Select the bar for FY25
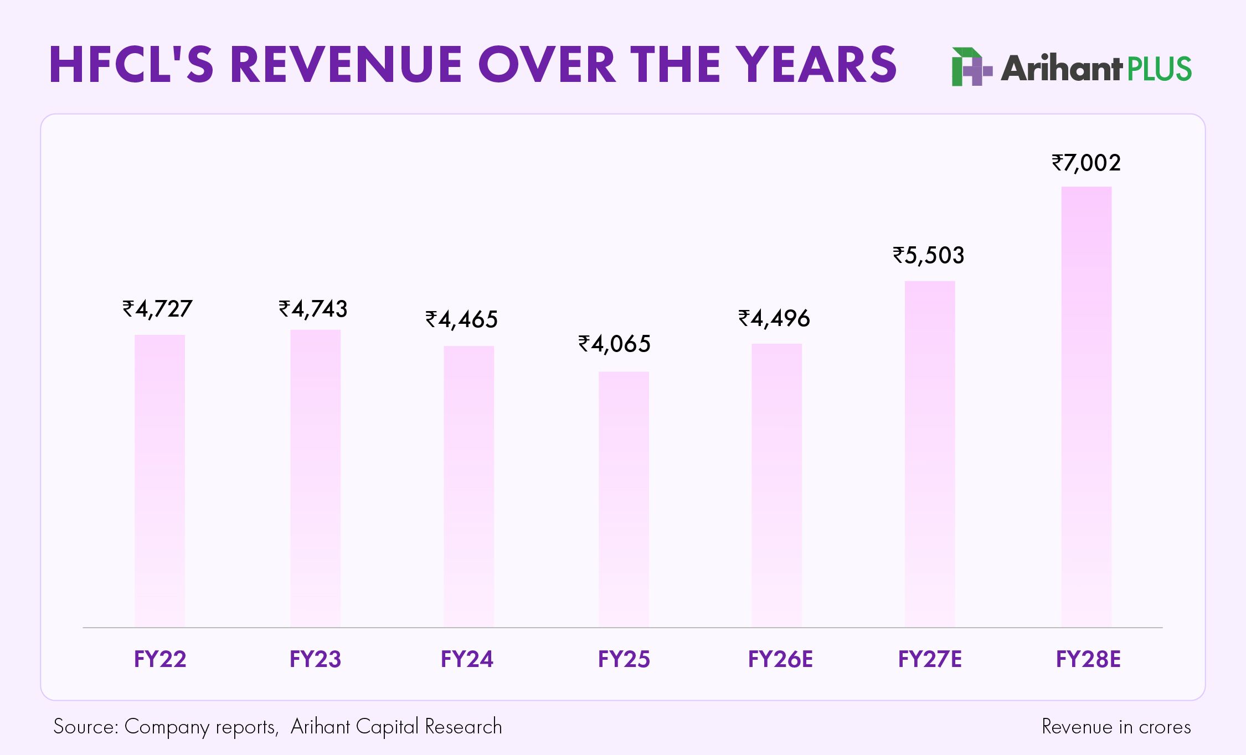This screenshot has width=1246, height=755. click(624, 498)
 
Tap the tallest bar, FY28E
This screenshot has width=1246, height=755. click(1086, 407)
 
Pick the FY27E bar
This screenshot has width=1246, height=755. click(930, 454)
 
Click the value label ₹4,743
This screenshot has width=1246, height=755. click(313, 309)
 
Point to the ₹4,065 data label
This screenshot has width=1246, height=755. click(614, 344)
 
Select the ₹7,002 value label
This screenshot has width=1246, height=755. click(1086, 163)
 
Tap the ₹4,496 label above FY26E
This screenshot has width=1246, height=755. click(774, 318)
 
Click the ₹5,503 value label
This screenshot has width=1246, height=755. click(928, 255)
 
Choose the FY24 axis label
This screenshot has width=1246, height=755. click(467, 659)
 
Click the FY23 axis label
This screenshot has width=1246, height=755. click(315, 659)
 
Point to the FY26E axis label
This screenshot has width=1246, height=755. click(780, 659)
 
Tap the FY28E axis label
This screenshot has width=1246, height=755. click(1088, 659)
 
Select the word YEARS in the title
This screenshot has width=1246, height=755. click(818, 65)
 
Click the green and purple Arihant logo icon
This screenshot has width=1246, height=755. click(970, 68)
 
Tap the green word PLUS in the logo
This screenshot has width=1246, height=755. click(1159, 69)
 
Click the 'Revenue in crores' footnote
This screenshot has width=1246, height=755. click(1116, 727)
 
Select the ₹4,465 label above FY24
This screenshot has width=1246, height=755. click(461, 319)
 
